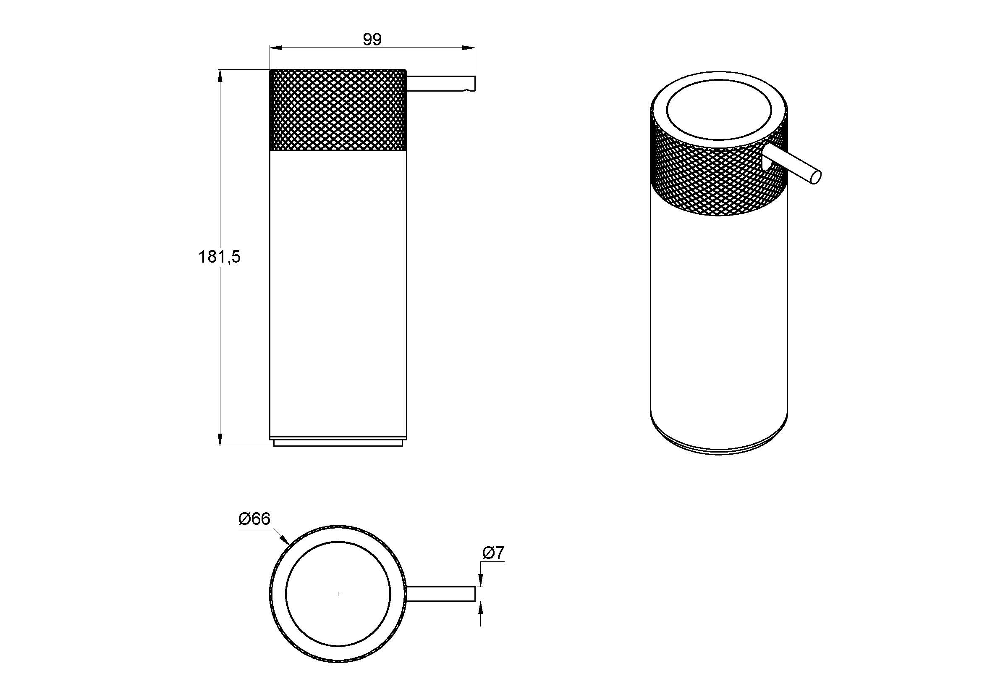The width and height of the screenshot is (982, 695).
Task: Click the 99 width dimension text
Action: (372, 39)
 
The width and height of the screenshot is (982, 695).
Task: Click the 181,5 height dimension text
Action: (220, 257)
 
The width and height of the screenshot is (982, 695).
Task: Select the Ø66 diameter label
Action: (254, 519)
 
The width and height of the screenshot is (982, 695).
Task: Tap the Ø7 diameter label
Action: (494, 553)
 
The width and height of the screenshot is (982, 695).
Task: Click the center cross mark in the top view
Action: (338, 594)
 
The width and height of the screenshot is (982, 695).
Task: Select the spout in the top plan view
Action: (441, 594)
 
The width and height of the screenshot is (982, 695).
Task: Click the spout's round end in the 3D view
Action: (815, 178)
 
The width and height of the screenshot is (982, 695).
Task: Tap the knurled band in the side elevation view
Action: (338, 110)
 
